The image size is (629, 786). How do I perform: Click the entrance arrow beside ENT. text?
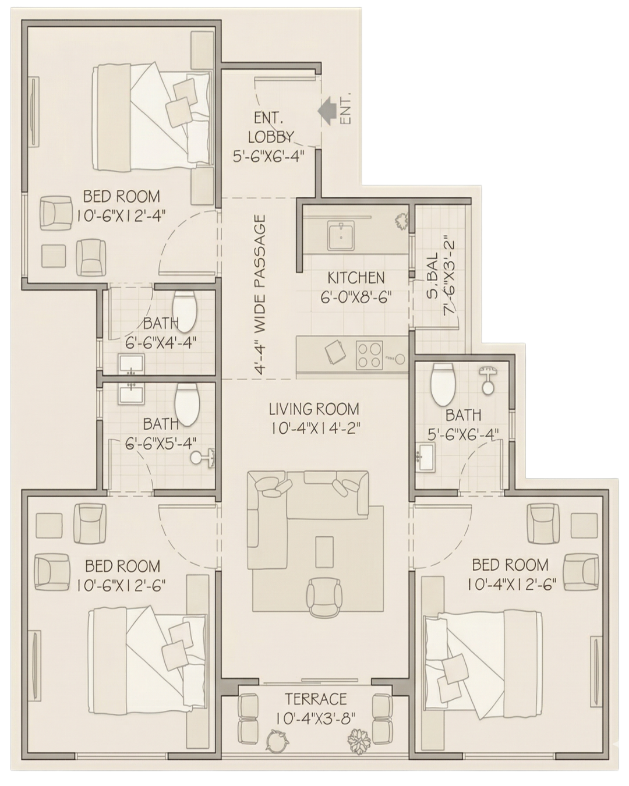click(328, 111)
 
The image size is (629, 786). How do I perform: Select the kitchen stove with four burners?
click(369, 354)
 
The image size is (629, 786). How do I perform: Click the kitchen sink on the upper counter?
click(338, 236)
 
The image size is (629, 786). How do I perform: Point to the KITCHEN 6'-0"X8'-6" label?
click(355, 287)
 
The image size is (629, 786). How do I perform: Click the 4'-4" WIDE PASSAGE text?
click(260, 295)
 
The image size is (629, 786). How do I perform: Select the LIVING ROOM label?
click(314, 418)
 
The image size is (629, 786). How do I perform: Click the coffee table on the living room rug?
click(324, 551)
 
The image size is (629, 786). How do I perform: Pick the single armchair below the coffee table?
click(324, 597)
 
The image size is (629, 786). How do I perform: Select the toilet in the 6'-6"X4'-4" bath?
click(185, 309)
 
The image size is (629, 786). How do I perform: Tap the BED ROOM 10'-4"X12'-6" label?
click(510, 574)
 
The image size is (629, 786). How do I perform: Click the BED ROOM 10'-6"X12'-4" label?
click(121, 206)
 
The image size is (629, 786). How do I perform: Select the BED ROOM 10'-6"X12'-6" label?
click(122, 575)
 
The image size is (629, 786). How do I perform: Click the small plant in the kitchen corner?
click(401, 222)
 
